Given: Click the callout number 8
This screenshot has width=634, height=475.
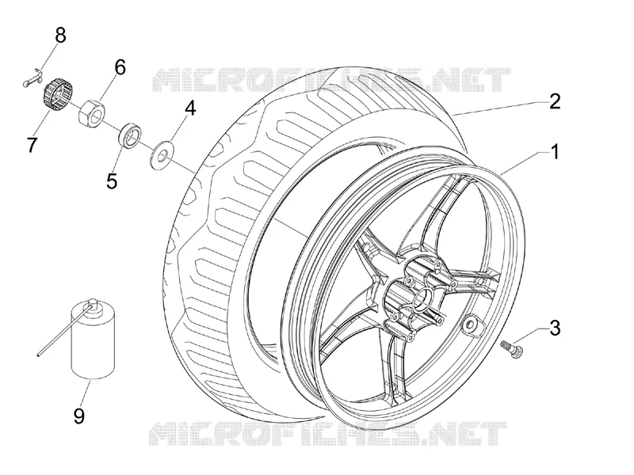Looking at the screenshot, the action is pyautogui.click(x=60, y=35).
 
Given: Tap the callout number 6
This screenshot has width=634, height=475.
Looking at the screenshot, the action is pyautogui.click(x=120, y=67).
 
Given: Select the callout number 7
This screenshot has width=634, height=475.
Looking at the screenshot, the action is pyautogui.click(x=32, y=145).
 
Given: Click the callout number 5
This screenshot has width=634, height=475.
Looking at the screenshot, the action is pyautogui.click(x=112, y=180).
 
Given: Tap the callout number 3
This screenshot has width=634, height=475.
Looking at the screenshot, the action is pyautogui.click(x=556, y=328).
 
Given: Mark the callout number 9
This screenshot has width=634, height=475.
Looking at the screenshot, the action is pyautogui.click(x=79, y=416).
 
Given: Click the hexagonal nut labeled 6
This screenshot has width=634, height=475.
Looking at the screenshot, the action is pyautogui.click(x=91, y=112).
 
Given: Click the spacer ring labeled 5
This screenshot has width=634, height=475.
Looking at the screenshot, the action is pyautogui.click(x=129, y=135).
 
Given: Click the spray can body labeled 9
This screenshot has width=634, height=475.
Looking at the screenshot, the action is pyautogui.click(x=93, y=341).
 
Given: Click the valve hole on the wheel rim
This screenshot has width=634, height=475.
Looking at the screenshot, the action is pyautogui.click(x=471, y=324).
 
